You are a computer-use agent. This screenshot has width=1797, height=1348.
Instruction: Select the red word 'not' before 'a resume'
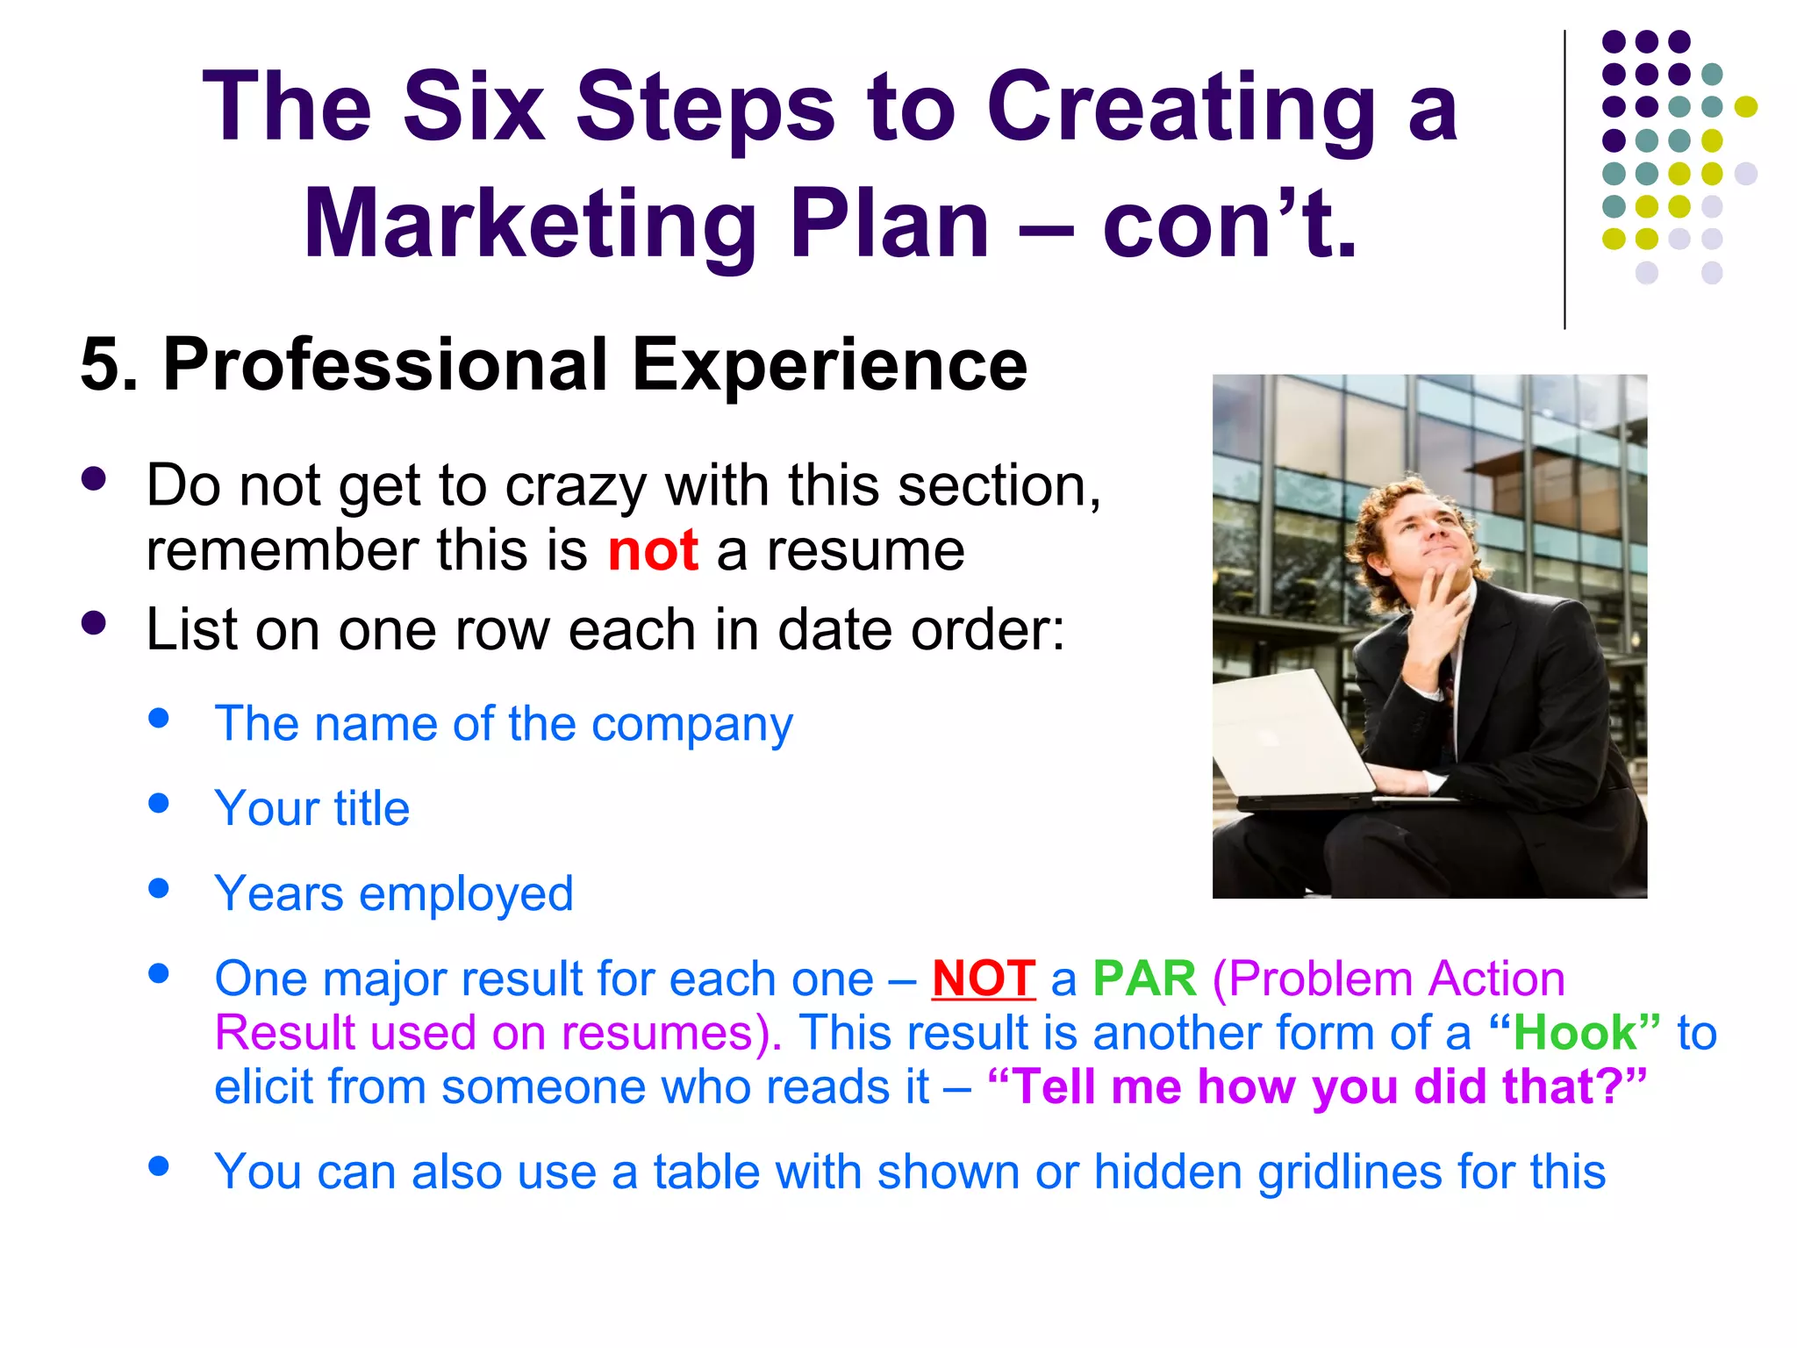[653, 551]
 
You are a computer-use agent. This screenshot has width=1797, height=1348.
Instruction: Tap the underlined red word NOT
[984, 979]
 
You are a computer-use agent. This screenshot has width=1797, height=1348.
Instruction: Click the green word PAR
[1144, 979]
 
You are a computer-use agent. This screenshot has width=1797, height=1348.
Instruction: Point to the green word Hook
[1574, 1033]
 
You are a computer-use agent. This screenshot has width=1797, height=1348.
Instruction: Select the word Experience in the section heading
[829, 365]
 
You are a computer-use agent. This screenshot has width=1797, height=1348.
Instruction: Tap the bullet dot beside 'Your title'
[159, 803]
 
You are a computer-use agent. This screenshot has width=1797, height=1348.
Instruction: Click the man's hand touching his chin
[1439, 614]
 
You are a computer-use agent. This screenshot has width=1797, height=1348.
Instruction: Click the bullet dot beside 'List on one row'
[93, 623]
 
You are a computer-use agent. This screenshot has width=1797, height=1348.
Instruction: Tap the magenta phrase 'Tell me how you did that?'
[1316, 1087]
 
